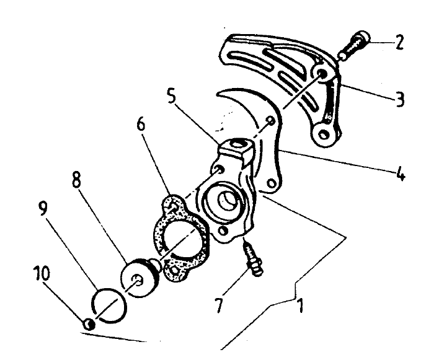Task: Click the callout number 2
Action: pyautogui.click(x=399, y=43)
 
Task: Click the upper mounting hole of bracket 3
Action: pyautogui.click(x=322, y=74)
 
